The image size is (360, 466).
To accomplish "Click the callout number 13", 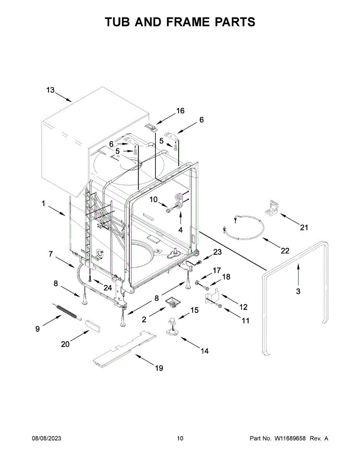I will (x=50, y=90).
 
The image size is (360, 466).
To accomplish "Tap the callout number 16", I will (x=180, y=111).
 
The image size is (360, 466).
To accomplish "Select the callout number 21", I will (x=304, y=228).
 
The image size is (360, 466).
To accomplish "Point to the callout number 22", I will (x=285, y=251).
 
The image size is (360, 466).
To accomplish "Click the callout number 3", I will (x=298, y=291).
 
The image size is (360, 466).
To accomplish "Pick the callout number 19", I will (x=159, y=368).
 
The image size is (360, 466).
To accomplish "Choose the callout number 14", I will (x=204, y=351).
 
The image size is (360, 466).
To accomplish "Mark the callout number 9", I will (x=37, y=329).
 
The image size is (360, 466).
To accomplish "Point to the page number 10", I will (x=180, y=438).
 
